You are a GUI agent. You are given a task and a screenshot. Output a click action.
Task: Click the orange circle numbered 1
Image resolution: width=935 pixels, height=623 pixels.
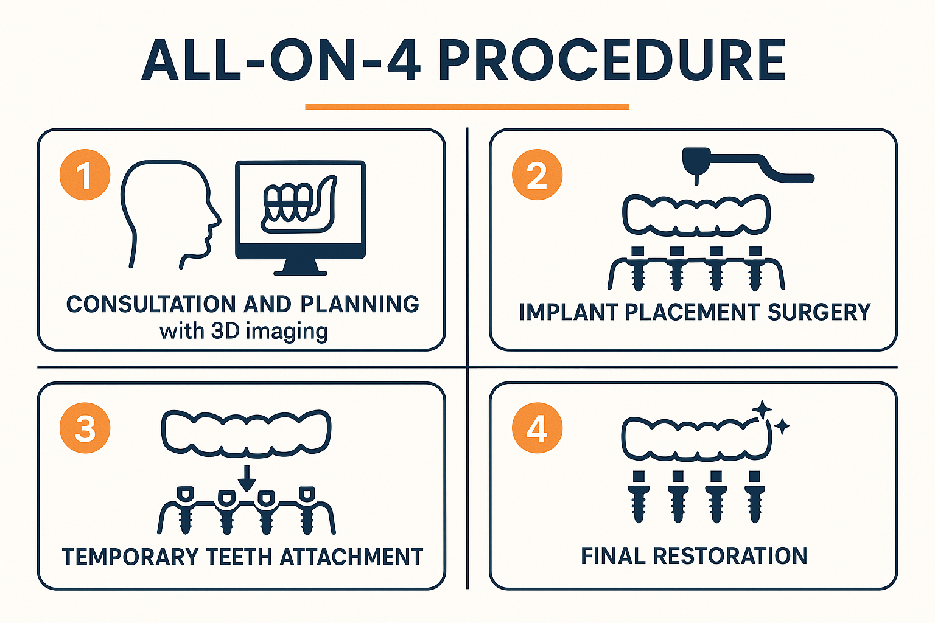(85, 175)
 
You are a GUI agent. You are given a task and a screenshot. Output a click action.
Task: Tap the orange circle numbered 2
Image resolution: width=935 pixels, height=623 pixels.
(537, 175)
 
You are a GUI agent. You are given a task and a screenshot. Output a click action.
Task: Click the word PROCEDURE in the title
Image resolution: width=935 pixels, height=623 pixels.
(611, 61)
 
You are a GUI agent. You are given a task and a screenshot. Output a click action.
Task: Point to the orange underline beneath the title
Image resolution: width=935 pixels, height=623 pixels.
(467, 107)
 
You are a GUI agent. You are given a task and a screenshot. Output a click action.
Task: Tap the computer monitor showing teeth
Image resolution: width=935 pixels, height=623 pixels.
(300, 210)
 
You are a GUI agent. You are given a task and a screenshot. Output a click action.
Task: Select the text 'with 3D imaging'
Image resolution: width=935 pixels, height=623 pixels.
(243, 332)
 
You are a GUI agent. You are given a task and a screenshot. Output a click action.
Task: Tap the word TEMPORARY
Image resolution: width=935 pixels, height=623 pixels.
(131, 557)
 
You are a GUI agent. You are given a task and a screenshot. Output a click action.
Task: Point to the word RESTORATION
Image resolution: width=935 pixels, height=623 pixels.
(730, 556)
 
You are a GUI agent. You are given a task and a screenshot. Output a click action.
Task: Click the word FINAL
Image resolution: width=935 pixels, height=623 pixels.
(613, 556)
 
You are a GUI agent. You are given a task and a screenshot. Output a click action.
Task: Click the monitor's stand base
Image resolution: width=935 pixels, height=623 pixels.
(299, 269)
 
